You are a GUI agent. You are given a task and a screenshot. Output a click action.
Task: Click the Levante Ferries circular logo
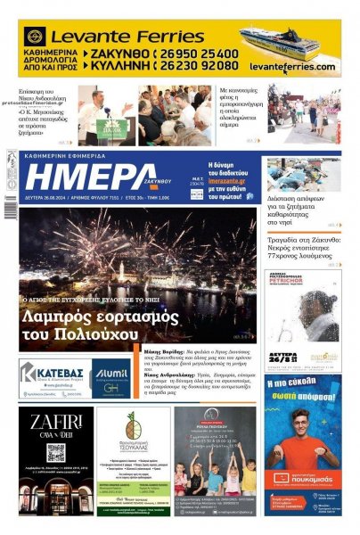(36, 37)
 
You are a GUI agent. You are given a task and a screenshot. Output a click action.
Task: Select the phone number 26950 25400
(200, 53)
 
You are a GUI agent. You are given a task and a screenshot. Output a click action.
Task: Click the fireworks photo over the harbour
(137, 259)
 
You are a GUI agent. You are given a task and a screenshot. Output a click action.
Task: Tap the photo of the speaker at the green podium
(105, 115)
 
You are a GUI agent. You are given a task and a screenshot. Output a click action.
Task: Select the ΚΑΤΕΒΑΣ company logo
(53, 373)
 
